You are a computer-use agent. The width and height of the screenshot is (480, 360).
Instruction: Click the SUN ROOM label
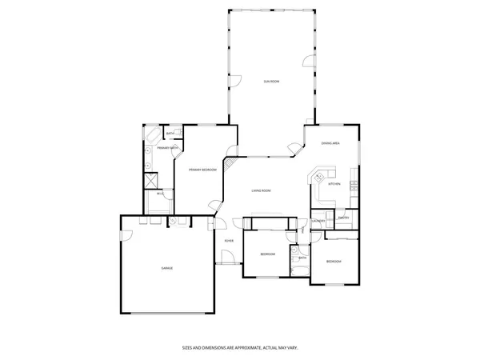tap(271, 82)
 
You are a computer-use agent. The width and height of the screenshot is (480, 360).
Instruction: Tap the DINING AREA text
tap(330, 143)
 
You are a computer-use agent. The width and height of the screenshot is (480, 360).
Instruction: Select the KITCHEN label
tap(334, 184)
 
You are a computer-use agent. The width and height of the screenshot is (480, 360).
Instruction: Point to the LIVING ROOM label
tap(261, 190)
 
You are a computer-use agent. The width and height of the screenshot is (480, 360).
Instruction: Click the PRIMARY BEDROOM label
tap(202, 170)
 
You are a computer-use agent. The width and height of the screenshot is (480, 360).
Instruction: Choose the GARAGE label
tap(167, 267)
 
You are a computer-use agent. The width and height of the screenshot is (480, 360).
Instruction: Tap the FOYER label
tap(229, 240)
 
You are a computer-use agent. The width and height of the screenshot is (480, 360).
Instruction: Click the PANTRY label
tap(342, 218)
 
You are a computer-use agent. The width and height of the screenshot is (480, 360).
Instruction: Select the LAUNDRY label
tap(318, 222)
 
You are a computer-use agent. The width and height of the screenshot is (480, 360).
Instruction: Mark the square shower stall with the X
tap(150, 181)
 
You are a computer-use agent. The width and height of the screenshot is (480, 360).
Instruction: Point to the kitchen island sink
tap(320, 175)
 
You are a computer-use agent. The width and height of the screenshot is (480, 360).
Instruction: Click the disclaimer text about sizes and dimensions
tap(239, 349)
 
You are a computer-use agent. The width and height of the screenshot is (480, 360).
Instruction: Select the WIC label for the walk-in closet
tap(161, 194)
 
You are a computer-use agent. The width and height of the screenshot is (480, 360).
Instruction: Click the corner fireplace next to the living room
tap(229, 165)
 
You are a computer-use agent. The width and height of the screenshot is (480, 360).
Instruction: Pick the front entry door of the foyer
tap(226, 258)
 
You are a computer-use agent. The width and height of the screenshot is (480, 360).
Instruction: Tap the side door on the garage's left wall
tap(123, 234)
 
